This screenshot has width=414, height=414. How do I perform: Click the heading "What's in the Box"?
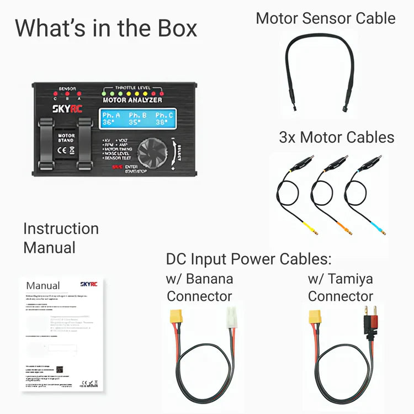(105, 28)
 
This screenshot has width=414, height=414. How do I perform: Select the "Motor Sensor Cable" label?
(325, 18)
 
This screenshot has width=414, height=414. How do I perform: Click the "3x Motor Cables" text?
(336, 137)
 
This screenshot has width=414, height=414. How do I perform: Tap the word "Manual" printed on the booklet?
(43, 286)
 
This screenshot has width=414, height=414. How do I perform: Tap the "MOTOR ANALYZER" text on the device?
(132, 100)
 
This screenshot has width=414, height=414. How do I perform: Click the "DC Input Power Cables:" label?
(248, 259)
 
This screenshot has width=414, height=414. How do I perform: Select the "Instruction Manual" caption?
(61, 238)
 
